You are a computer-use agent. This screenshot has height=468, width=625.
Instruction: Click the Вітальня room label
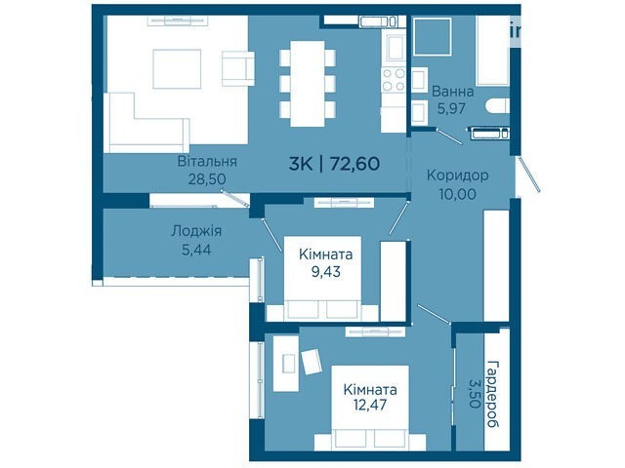click(207, 162)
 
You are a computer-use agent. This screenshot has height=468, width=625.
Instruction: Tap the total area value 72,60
click(354, 164)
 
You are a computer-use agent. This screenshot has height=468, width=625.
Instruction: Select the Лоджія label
click(196, 231)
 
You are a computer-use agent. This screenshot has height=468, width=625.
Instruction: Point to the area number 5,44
click(196, 250)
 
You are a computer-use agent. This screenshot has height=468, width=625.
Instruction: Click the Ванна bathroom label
click(453, 92)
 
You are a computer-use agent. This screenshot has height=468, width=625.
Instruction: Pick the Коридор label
click(458, 175)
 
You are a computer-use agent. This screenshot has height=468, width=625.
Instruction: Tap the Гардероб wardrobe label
click(493, 394)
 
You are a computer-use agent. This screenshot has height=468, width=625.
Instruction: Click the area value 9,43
click(326, 272)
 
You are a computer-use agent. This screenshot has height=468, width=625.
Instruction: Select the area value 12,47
click(370, 406)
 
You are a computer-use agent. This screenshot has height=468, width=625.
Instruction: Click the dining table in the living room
click(308, 84)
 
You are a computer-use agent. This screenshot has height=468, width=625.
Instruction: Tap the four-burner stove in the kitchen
click(394, 80)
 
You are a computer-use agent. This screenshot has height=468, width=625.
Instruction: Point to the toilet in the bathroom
click(498, 106)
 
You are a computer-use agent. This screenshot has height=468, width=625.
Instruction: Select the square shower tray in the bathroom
click(433, 37)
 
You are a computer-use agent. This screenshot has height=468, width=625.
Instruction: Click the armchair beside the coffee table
click(238, 68)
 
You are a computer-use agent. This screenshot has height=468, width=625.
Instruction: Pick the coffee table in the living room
click(177, 69)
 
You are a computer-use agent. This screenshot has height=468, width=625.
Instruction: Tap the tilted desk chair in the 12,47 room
click(312, 362)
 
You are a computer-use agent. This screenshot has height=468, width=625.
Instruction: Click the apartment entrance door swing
click(529, 175)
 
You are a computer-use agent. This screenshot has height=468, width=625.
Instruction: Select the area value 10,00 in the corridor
click(458, 194)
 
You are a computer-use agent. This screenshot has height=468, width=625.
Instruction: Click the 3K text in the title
click(301, 164)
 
